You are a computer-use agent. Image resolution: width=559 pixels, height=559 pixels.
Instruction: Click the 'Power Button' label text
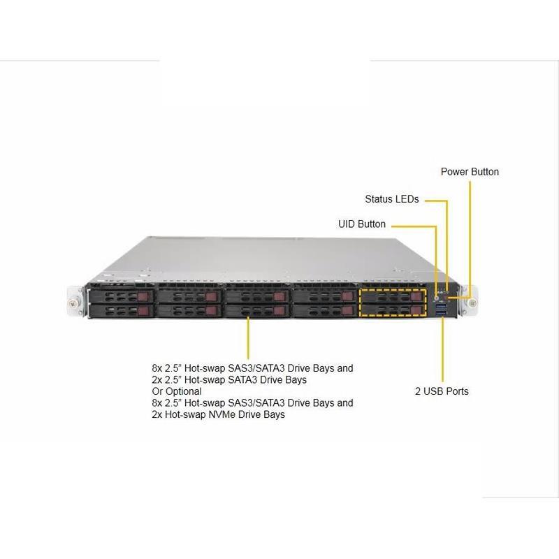(470, 172)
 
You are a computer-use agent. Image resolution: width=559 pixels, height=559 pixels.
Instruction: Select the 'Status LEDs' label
(391, 199)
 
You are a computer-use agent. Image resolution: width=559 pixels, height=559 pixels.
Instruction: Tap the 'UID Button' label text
(361, 224)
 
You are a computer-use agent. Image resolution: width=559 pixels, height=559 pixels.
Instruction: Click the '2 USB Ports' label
(442, 391)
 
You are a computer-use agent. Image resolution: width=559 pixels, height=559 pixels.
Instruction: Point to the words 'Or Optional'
(176, 391)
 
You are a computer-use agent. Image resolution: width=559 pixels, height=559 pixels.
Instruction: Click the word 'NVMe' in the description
(230, 415)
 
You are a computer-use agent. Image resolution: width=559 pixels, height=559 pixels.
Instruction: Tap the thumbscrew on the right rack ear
(473, 303)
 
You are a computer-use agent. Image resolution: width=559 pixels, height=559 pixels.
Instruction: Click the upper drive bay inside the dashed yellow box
(393, 296)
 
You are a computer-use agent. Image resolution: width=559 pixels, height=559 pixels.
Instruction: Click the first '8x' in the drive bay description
(159, 368)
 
